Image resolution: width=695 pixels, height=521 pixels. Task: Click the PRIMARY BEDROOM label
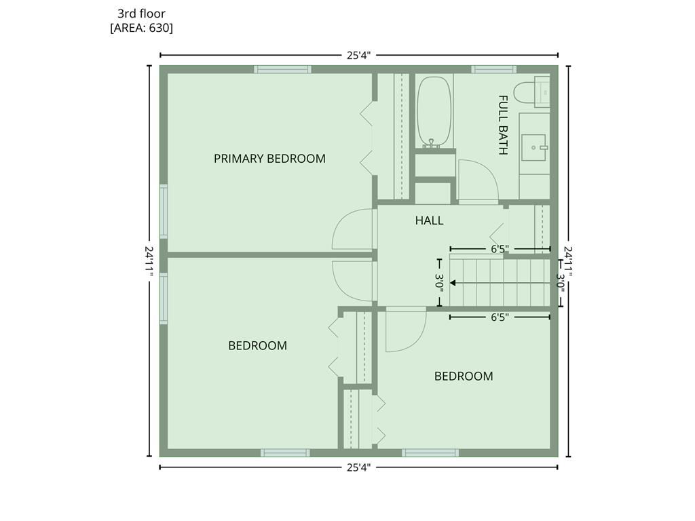[x=269, y=159]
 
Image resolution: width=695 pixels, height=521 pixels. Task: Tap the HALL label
[x=429, y=220]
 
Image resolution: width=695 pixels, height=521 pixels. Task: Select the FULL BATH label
[x=503, y=125]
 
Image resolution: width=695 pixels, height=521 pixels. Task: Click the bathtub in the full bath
[x=434, y=112]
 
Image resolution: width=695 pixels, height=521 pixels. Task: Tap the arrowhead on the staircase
[x=453, y=283]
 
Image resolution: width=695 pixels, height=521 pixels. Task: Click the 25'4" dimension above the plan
[x=358, y=56]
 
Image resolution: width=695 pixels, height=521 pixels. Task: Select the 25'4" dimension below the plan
[x=358, y=467]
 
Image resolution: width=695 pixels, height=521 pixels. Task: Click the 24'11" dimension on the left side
[x=149, y=260]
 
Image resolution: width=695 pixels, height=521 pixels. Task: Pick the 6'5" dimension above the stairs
[x=500, y=249]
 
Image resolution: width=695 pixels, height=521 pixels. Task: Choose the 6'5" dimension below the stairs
[x=500, y=317]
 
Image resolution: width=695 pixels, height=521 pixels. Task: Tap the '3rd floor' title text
[x=141, y=14]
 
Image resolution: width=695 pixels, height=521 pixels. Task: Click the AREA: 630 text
[x=141, y=28]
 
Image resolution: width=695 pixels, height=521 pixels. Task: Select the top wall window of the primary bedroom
[x=282, y=69]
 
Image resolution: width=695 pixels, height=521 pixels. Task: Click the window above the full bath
[x=493, y=69]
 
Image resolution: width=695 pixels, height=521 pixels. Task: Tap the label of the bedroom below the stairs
[x=464, y=376]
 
